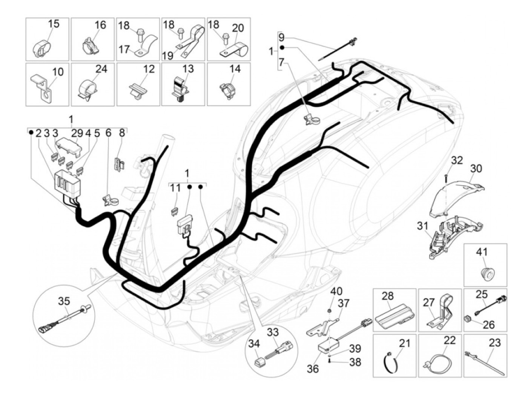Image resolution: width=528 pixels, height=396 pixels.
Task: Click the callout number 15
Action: coord(54,24)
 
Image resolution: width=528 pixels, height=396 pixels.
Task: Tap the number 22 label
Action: coord(449,340)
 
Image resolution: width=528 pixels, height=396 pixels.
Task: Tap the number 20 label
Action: coord(238,28)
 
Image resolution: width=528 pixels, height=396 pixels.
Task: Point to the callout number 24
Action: coord(101,69)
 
